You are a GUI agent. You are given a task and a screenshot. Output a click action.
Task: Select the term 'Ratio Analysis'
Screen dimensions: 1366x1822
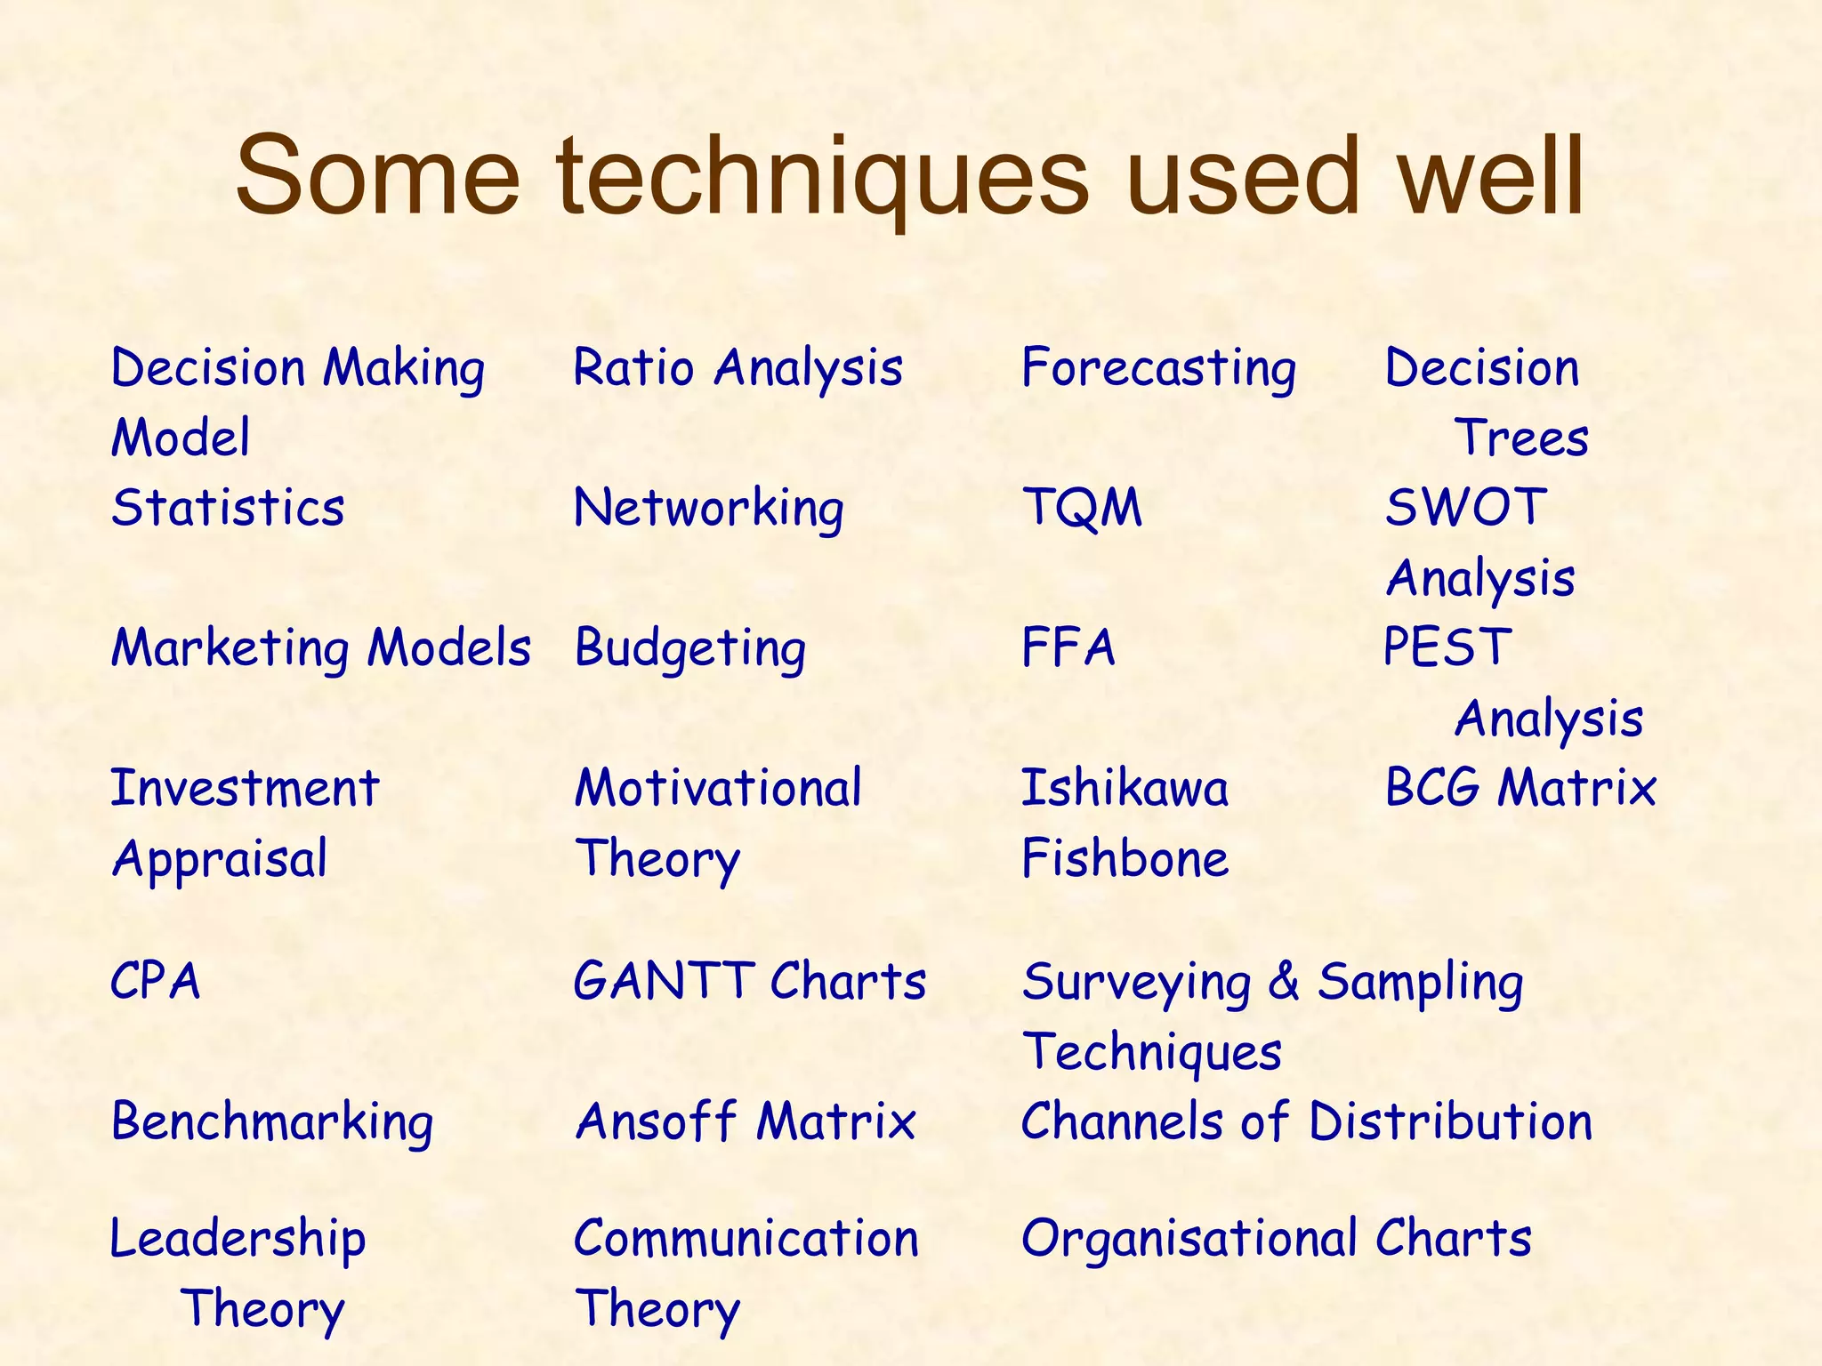click(738, 368)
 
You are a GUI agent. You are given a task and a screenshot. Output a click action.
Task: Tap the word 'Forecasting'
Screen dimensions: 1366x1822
click(1158, 368)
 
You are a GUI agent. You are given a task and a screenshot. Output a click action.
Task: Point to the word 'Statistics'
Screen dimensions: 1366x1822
click(228, 508)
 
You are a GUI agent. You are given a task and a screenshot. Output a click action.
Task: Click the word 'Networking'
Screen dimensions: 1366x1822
click(708, 509)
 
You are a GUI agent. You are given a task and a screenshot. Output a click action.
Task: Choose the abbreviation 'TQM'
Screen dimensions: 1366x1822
click(1082, 508)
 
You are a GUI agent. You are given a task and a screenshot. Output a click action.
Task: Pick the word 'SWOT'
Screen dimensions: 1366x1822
click(1466, 508)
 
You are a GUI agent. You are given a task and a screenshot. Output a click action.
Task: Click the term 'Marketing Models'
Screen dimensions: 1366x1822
click(320, 647)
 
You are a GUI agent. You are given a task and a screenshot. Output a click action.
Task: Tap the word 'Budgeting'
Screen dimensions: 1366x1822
click(690, 648)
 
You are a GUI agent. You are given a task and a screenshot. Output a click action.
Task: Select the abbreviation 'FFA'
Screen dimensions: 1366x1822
click(1068, 647)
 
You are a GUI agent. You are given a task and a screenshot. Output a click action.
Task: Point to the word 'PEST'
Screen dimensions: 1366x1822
click(1447, 647)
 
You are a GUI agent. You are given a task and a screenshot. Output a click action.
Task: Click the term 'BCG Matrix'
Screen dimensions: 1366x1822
click(1520, 788)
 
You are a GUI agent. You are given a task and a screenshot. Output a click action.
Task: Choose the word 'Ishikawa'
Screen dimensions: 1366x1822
click(1125, 788)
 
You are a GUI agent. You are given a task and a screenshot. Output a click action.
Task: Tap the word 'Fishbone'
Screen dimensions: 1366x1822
click(1125, 858)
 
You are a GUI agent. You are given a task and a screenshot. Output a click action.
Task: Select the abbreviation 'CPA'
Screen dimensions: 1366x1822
click(156, 982)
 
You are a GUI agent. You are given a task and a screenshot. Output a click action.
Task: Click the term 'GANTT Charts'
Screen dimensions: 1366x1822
click(749, 982)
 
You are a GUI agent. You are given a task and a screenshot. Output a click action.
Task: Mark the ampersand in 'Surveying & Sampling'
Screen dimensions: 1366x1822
click(1284, 982)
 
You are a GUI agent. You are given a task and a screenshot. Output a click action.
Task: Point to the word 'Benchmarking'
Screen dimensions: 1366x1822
click(272, 1122)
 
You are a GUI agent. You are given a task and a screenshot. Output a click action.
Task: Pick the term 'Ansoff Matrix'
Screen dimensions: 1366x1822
click(745, 1121)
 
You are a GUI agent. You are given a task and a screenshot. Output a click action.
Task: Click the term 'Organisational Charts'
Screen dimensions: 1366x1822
click(1276, 1238)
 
